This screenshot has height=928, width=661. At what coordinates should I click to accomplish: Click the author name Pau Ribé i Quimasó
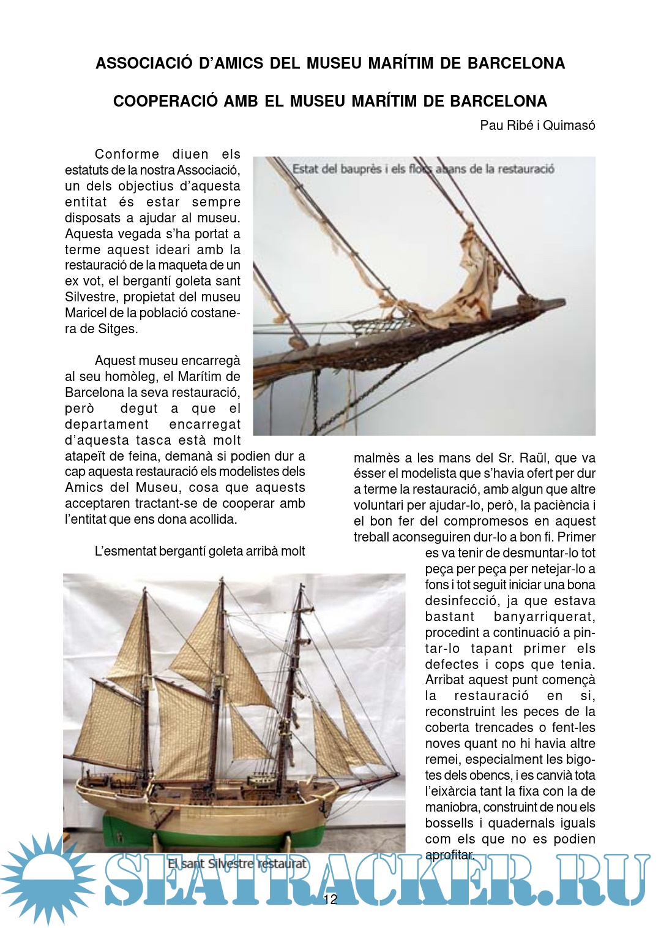click(x=537, y=126)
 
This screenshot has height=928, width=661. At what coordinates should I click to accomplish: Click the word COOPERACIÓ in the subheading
click(x=165, y=101)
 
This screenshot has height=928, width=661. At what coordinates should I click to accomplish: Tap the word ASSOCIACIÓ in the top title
click(x=144, y=63)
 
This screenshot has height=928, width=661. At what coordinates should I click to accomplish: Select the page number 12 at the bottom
click(x=330, y=899)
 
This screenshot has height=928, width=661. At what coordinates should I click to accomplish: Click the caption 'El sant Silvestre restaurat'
click(x=236, y=864)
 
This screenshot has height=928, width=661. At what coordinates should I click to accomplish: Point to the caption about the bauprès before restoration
click(x=423, y=169)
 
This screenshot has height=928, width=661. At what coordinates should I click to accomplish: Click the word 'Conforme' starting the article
click(x=127, y=154)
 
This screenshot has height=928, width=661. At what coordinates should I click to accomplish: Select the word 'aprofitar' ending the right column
click(x=449, y=855)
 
